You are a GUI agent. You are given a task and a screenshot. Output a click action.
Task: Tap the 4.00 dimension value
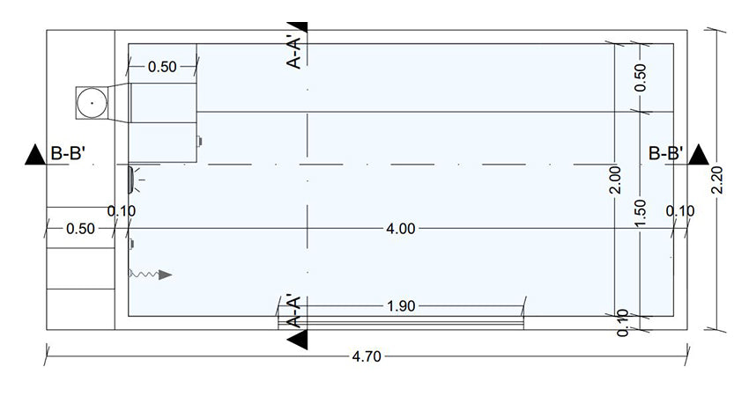(400, 230)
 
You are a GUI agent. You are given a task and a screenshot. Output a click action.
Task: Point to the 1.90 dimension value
(402, 306)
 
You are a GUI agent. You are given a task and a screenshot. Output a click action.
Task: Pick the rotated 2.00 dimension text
(616, 180)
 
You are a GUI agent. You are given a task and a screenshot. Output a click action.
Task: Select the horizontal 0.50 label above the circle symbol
(162, 67)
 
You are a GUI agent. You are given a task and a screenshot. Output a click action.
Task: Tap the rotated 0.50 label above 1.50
(641, 77)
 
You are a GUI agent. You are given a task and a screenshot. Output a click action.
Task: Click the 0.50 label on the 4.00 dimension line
(80, 230)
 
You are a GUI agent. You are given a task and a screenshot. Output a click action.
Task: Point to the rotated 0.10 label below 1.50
(624, 323)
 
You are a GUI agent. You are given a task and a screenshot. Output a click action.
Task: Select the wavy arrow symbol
(151, 275)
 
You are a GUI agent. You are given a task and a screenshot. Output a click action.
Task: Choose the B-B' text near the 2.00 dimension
(666, 154)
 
